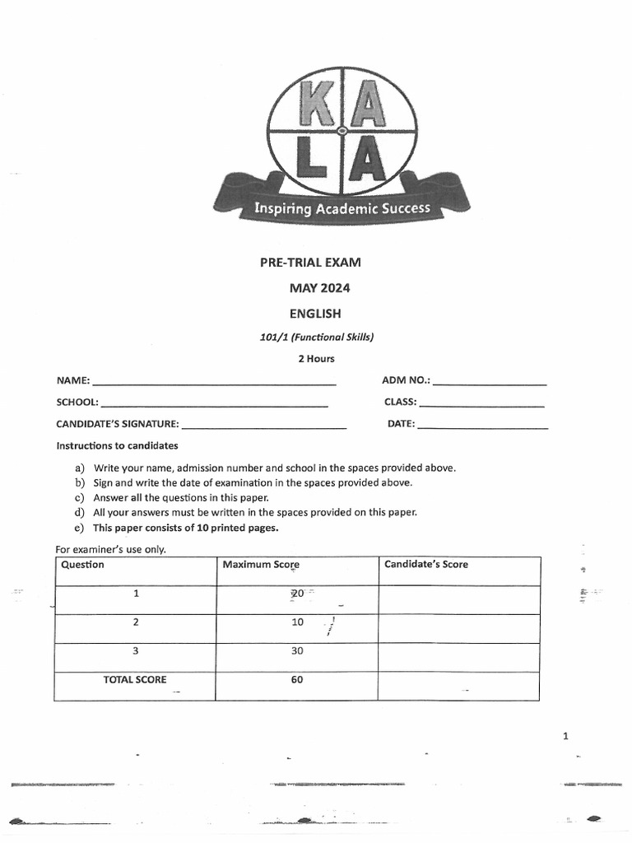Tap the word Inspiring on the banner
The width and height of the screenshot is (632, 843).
282,208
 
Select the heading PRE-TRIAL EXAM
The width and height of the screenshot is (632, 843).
310,263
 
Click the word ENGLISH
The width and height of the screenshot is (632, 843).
314,313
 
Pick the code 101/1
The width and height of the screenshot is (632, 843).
272,336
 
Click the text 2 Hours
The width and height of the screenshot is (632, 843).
316,359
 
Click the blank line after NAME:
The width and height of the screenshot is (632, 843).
214,384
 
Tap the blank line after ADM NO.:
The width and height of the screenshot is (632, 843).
489,384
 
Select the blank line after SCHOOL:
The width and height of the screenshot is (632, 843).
214,405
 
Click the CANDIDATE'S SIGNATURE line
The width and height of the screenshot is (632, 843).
263,427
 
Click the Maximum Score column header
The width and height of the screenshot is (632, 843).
261,565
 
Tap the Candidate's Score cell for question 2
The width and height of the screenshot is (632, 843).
458,628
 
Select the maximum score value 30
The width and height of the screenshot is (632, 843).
297,650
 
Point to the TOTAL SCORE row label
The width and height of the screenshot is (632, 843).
134,680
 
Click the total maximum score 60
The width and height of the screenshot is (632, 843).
297,680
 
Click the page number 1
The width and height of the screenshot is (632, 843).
565,736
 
